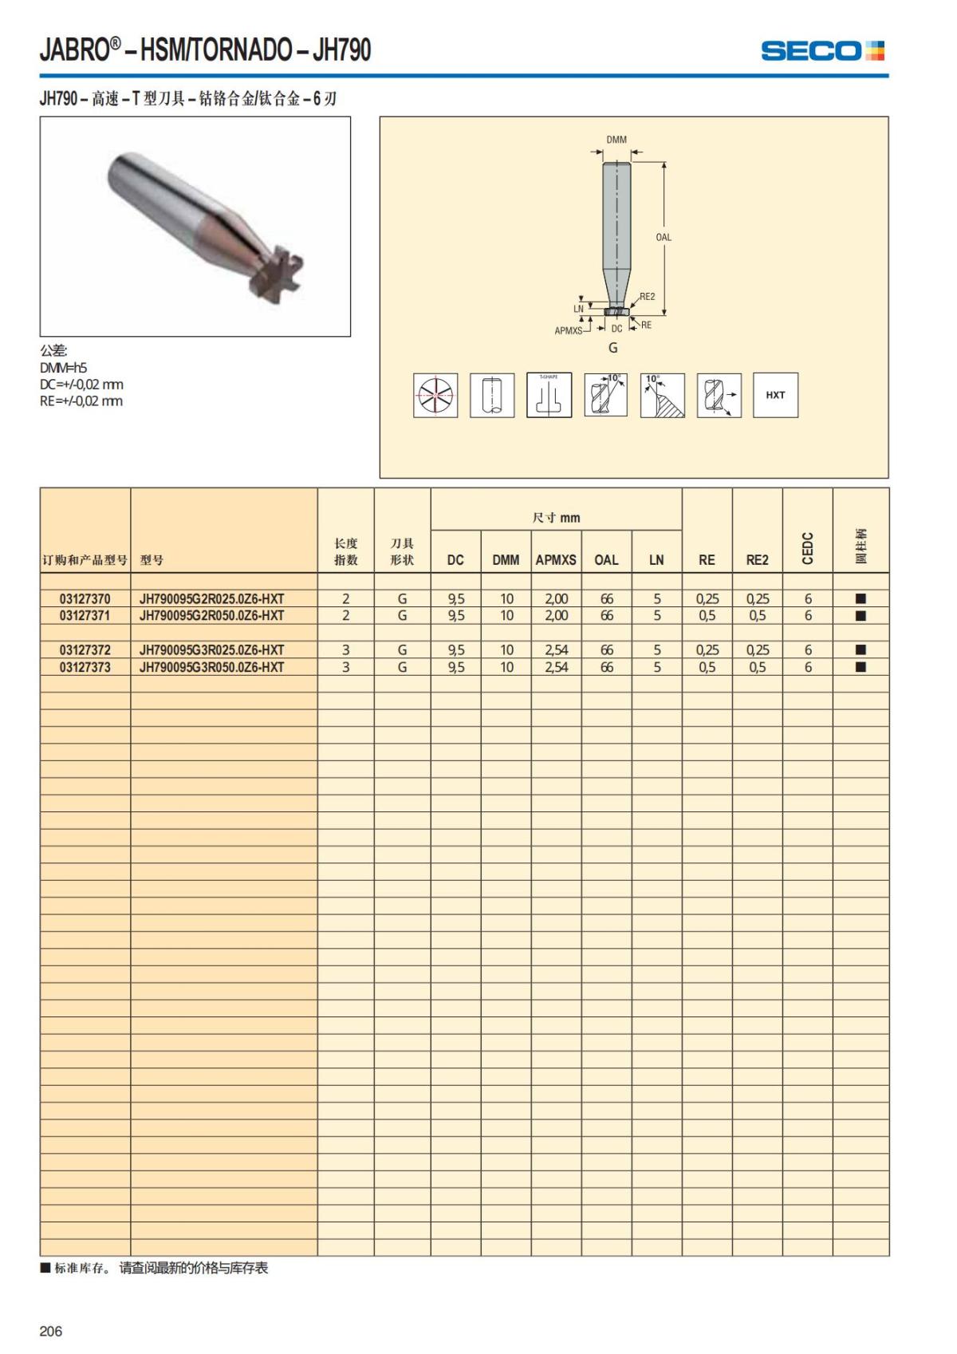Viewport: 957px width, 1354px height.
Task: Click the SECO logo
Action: [x=822, y=51]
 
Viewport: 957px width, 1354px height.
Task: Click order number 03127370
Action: [x=85, y=598]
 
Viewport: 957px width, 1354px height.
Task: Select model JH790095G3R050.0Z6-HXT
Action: [x=211, y=667]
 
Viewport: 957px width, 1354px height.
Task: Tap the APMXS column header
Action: [x=556, y=560]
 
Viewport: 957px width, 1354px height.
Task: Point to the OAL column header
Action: [x=606, y=560]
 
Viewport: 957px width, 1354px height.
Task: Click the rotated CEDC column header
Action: [x=808, y=548]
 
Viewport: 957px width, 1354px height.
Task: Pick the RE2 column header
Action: [x=757, y=560]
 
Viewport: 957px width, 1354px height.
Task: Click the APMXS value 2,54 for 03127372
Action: [x=556, y=650]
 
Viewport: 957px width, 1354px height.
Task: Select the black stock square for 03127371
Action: [x=861, y=616]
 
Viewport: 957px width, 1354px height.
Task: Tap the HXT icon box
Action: [x=775, y=395]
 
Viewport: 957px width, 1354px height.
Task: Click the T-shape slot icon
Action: [x=549, y=395]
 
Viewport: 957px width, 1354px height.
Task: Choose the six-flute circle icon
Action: [x=435, y=395]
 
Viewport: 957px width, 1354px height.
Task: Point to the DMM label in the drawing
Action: [x=616, y=140]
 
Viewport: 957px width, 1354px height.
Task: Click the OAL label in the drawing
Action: [x=664, y=237]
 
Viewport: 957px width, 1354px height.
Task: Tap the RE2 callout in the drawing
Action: [x=647, y=297]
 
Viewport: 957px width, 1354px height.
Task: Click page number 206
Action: [x=51, y=1331]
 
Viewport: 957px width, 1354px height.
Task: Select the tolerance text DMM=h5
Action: [x=64, y=368]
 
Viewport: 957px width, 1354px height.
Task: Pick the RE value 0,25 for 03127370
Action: [x=707, y=598]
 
